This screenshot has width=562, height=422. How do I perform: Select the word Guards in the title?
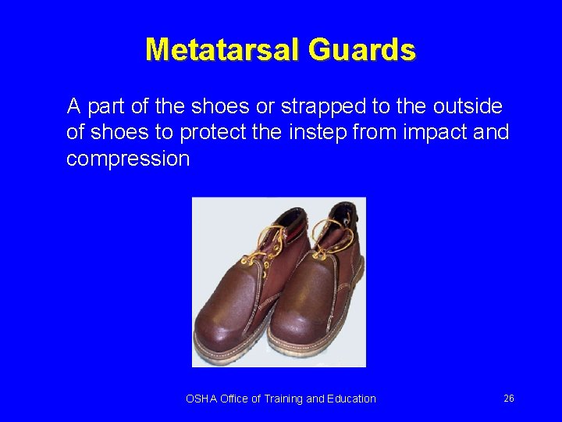(x=361, y=49)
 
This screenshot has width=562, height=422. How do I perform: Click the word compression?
(x=128, y=159)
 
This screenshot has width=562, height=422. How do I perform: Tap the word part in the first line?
(x=101, y=105)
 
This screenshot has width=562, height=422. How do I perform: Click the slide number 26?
(x=508, y=399)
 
